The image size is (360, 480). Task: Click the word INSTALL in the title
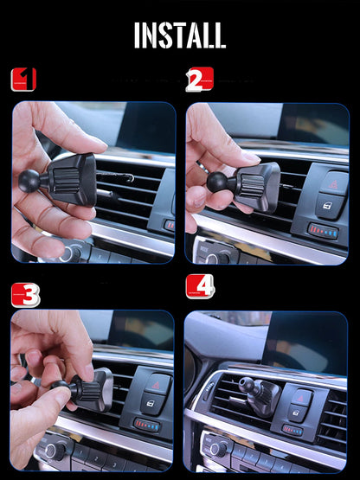(180, 35)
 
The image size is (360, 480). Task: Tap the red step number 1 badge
(23, 80)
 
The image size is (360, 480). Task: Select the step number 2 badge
(198, 80)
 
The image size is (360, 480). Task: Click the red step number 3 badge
(25, 294)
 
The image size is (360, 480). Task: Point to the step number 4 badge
(200, 286)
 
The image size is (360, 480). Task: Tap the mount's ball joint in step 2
(217, 181)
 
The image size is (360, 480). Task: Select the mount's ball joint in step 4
(246, 384)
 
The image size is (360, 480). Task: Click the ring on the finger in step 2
(201, 165)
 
